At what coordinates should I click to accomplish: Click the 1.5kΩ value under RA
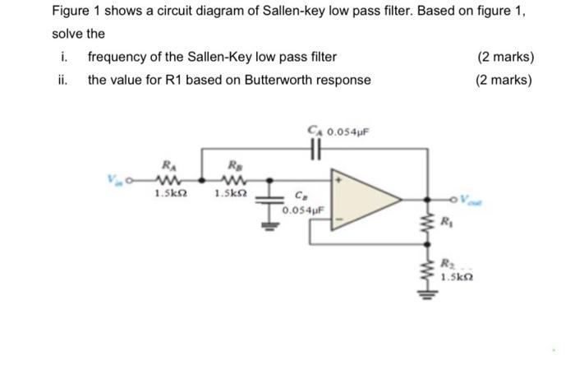[168, 193]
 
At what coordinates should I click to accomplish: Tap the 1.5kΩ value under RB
[229, 193]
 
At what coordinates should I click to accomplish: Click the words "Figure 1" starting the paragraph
[76, 13]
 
